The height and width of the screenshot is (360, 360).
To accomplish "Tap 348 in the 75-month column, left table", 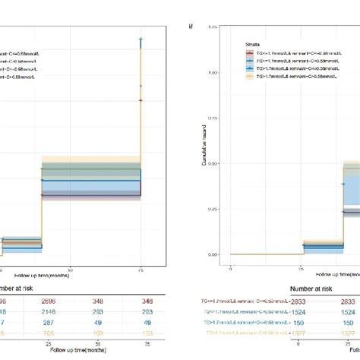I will click(x=141, y=302).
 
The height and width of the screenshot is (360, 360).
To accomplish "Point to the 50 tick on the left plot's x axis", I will click(x=70, y=269).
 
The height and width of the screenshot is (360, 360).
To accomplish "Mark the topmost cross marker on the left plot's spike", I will click(x=141, y=39).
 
